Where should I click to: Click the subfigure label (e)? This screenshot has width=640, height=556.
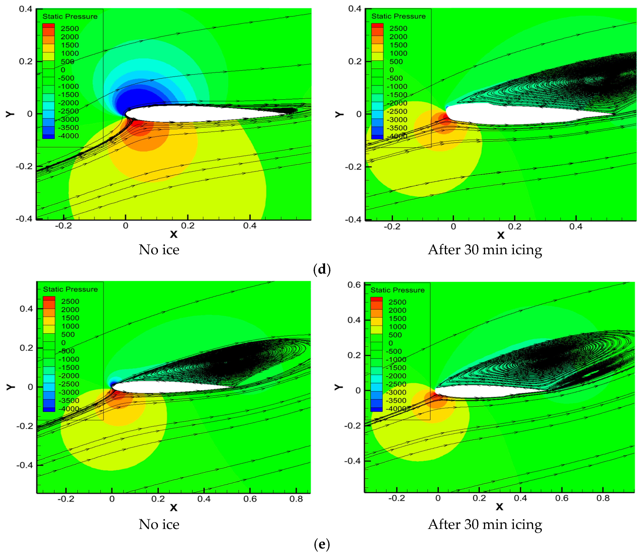(322, 544)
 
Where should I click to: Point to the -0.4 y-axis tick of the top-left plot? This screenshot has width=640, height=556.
(24, 219)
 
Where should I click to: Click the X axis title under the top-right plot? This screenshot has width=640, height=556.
(500, 235)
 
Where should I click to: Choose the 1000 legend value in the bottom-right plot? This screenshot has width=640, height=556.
(397, 327)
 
